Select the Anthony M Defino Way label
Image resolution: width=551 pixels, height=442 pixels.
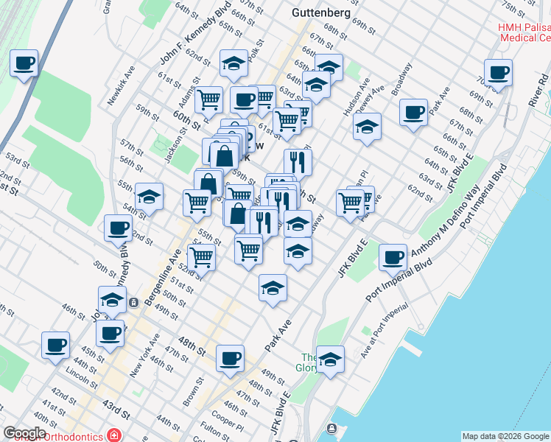point(460,220)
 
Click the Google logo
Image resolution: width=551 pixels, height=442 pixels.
point(25,433)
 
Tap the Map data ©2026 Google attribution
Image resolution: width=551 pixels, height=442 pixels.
point(505,436)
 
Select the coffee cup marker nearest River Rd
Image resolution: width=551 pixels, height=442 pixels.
point(499,73)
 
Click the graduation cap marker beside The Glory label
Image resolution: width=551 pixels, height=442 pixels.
point(330,360)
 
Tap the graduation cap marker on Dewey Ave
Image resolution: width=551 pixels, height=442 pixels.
point(367,127)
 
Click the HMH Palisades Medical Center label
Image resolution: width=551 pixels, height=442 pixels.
point(524,32)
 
